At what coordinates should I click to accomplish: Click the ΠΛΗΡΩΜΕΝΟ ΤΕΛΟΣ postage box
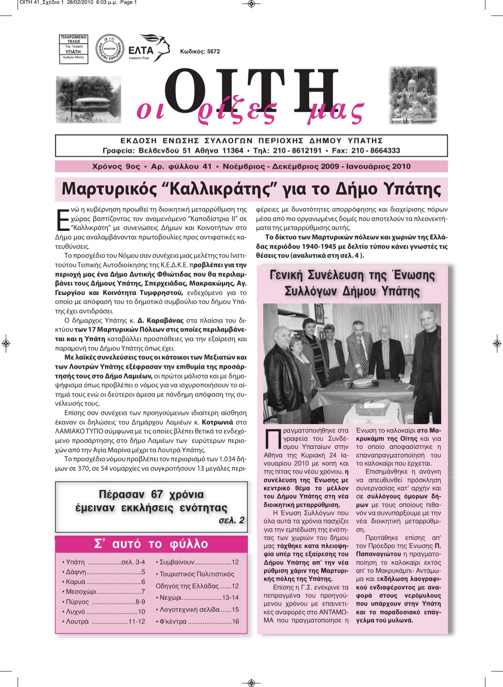(73, 49)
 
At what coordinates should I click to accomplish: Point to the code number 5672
(213, 52)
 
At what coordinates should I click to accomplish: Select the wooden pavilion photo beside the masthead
(88, 99)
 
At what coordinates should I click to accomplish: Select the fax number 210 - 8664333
(375, 151)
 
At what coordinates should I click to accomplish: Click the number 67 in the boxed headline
(157, 494)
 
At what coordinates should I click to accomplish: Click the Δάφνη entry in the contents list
(76, 572)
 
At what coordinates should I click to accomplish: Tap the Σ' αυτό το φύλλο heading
(151, 544)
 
